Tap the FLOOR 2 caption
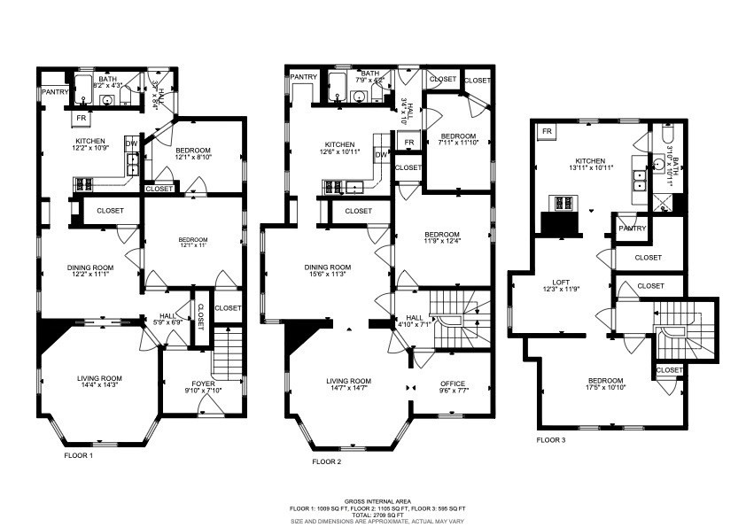point(327,461)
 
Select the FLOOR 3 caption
point(551,439)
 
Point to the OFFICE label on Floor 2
point(453,384)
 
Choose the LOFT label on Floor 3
point(560,283)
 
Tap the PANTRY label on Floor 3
point(633,229)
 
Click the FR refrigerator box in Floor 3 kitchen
point(547,131)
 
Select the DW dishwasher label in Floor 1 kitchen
point(130,143)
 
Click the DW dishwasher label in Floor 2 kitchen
point(379,155)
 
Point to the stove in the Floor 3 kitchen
point(560,202)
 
